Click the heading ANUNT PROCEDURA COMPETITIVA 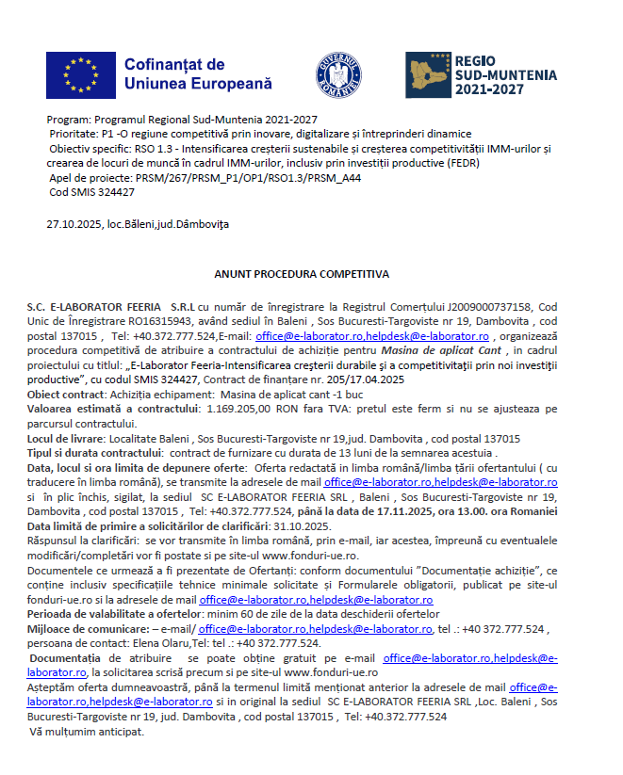[x=302, y=275]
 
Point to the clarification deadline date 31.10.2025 [x=303, y=525]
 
